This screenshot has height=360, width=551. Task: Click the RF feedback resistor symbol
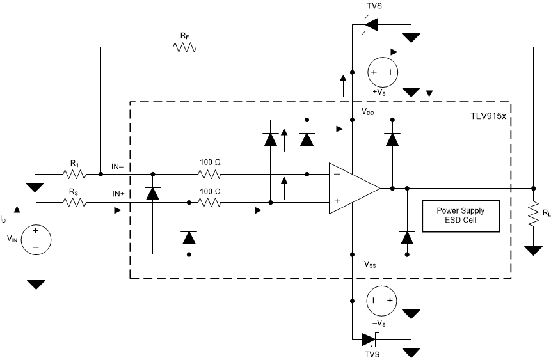183,47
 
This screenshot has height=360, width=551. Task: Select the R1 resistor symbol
75,174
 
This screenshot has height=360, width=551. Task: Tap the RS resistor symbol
75,203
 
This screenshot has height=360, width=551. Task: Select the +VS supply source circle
381,72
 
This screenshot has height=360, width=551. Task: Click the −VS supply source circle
381,299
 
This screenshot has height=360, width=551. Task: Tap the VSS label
371,264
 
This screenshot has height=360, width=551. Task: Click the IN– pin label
122,166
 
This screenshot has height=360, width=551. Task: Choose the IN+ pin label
122,193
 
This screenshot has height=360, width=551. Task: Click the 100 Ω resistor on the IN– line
209,174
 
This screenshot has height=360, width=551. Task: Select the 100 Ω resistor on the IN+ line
209,203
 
